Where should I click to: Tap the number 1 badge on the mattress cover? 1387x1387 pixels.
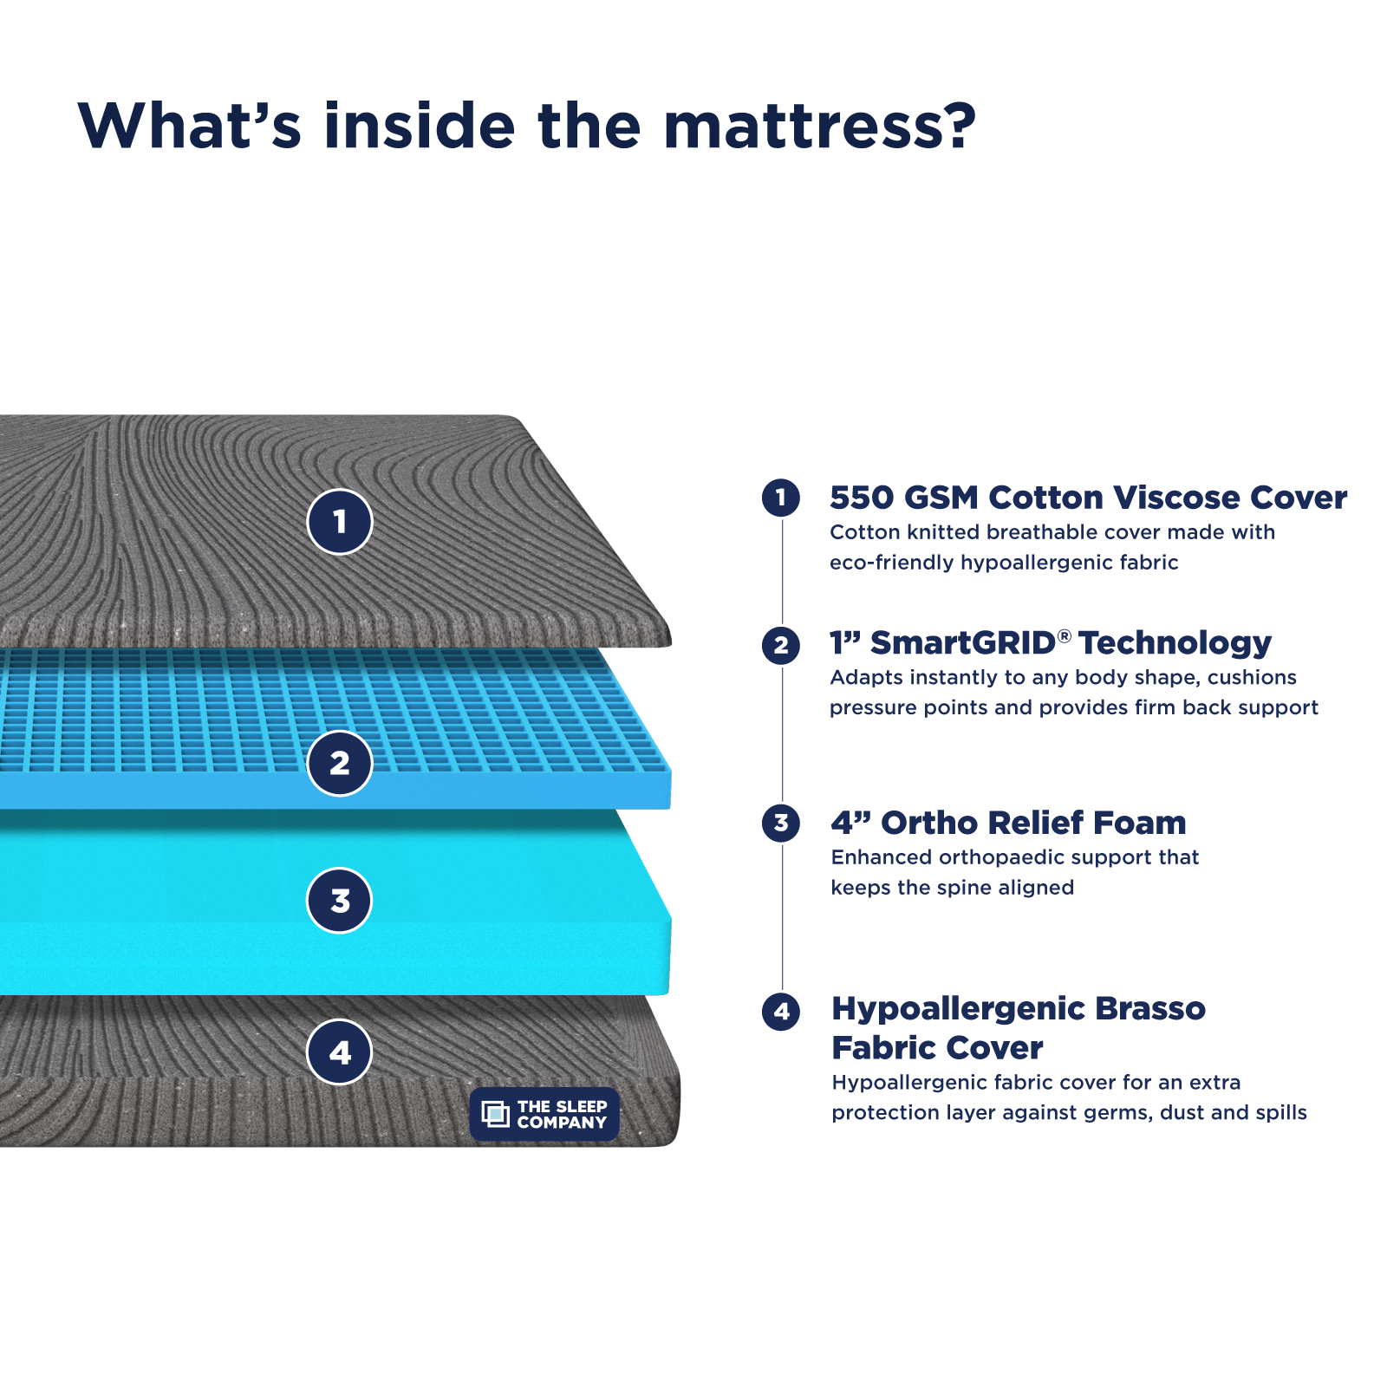(x=340, y=522)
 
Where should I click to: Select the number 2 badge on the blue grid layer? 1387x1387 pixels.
(x=340, y=763)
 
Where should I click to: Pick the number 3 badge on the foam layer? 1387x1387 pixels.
(x=340, y=901)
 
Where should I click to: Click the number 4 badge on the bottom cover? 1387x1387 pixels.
(x=340, y=1052)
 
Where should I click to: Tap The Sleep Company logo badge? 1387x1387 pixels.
(x=544, y=1114)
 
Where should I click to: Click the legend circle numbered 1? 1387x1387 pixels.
(x=781, y=498)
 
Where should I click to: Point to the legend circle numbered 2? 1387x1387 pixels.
(x=781, y=645)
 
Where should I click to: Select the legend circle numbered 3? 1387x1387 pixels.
(x=781, y=823)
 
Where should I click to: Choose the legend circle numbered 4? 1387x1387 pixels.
(x=781, y=1011)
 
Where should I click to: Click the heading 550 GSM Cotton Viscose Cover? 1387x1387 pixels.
(x=1088, y=498)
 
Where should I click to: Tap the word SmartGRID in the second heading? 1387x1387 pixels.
(x=962, y=643)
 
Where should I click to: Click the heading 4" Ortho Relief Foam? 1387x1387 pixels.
(x=1008, y=823)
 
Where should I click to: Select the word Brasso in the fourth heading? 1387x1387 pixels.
(x=1149, y=1008)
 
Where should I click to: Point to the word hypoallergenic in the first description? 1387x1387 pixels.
(x=1037, y=563)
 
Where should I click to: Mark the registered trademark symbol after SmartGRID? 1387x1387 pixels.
(x=1065, y=636)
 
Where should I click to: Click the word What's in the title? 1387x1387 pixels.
(x=190, y=127)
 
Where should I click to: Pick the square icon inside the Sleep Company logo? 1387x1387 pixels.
(x=495, y=1114)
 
